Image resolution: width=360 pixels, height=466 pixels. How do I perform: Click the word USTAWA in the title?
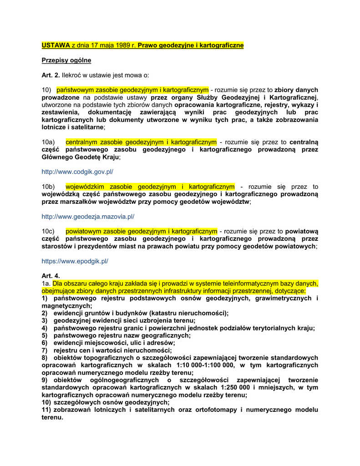(56, 46)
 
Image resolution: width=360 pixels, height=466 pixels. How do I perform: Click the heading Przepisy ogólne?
(66, 60)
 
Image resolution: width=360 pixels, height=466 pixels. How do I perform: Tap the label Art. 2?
(51, 75)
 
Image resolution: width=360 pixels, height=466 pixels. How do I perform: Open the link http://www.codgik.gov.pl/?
(77, 172)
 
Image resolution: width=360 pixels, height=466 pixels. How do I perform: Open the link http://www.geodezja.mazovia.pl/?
(88, 217)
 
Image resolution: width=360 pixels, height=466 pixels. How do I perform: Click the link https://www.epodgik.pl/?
(75, 261)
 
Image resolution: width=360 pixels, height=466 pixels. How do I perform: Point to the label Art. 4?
(51, 276)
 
